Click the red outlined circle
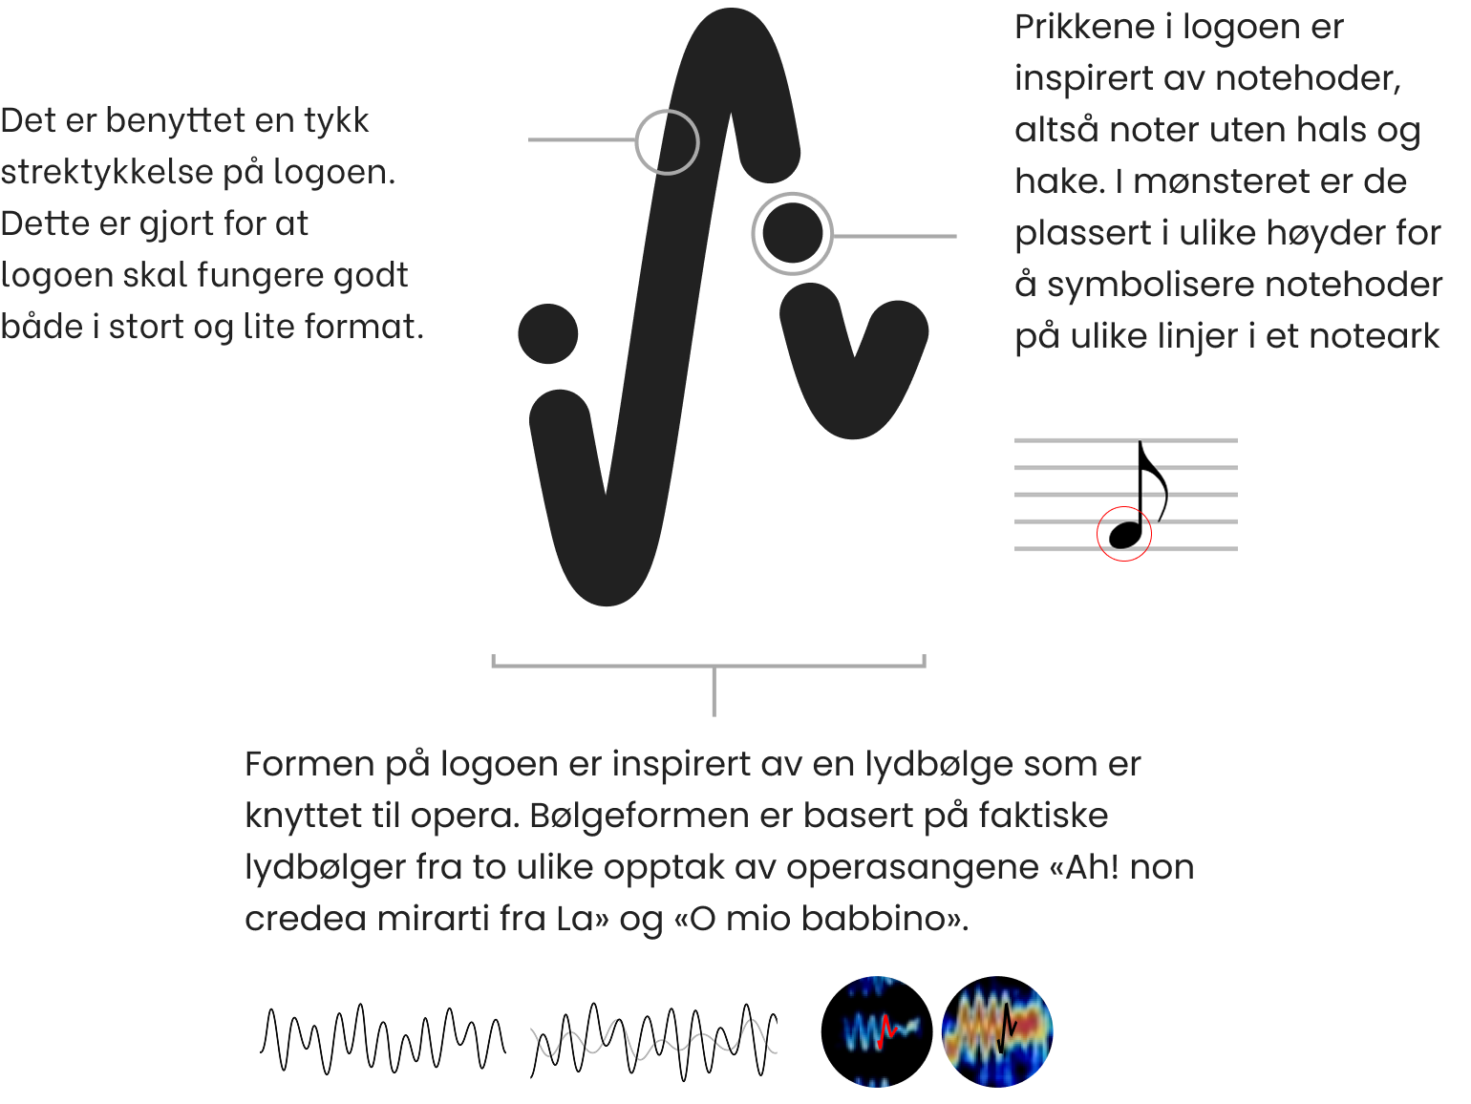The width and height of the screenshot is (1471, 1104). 1124,534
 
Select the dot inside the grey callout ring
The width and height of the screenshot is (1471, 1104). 792,234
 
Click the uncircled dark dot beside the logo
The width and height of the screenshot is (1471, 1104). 548,334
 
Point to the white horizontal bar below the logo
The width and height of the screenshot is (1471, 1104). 711,645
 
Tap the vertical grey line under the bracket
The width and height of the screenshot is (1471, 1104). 714,692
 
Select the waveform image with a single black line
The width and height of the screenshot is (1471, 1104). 383,1039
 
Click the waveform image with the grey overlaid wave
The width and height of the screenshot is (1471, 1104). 653,1039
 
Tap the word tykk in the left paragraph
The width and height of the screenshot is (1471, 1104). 336,121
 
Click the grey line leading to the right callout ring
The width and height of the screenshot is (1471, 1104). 894,236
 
